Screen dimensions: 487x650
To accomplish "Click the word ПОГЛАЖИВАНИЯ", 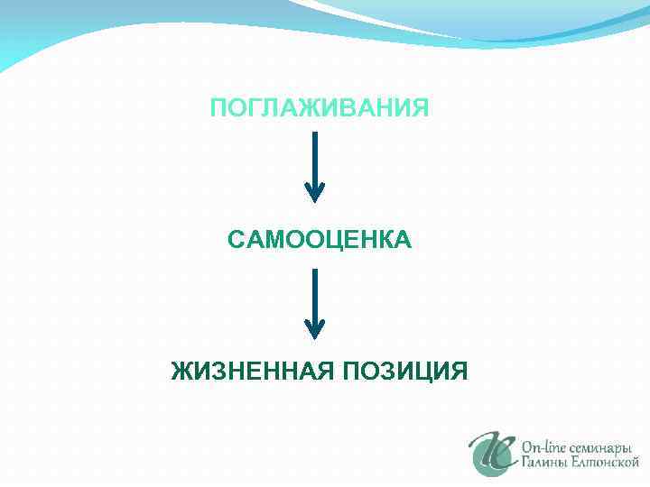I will pos(320,109).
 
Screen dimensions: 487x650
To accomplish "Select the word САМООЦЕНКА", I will pos(320,240).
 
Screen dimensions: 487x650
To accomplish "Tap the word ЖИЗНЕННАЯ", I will pos(241,371).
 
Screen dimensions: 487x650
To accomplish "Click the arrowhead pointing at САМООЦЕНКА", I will pos(314,192).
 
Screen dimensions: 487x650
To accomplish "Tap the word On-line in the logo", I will pos(543,445).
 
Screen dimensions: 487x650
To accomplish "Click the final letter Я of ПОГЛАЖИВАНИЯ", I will pos(421,109).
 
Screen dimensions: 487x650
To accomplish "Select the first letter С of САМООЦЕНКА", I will pos(237,240).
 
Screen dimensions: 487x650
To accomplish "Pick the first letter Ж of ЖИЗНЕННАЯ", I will pos(181,371).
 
